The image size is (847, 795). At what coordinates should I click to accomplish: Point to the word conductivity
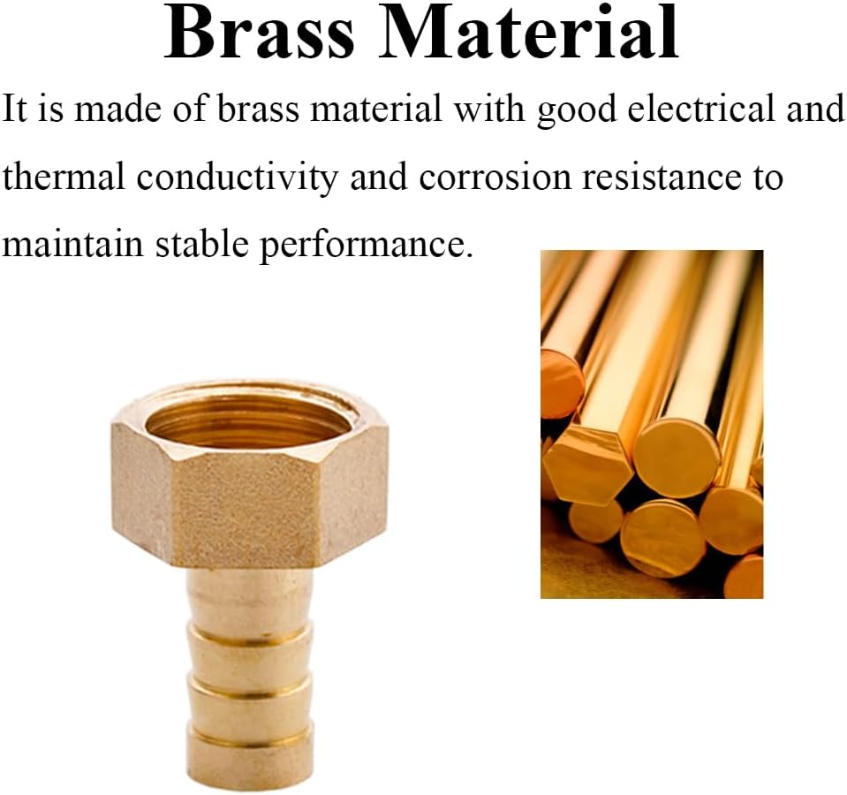click(237, 177)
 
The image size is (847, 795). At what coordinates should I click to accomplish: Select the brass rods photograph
click(651, 424)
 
